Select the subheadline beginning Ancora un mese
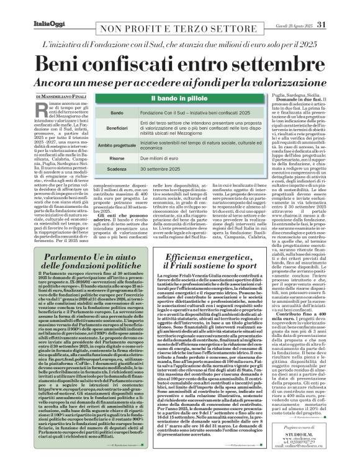(180, 82)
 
